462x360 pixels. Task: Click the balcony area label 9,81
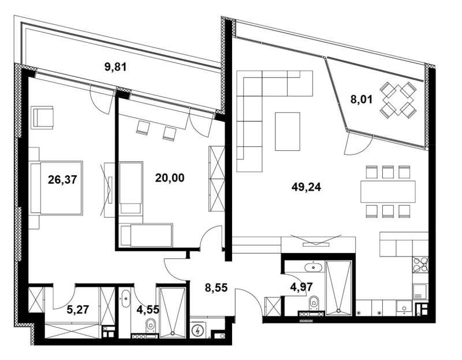(x=115, y=66)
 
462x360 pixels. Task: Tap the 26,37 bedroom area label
(x=63, y=180)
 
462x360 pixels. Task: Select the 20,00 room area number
(x=170, y=178)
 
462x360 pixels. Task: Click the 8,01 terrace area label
(x=363, y=98)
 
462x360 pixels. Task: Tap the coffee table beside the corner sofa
(x=288, y=131)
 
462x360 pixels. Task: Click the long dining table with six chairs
(x=388, y=191)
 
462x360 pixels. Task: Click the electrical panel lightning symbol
(x=199, y=331)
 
